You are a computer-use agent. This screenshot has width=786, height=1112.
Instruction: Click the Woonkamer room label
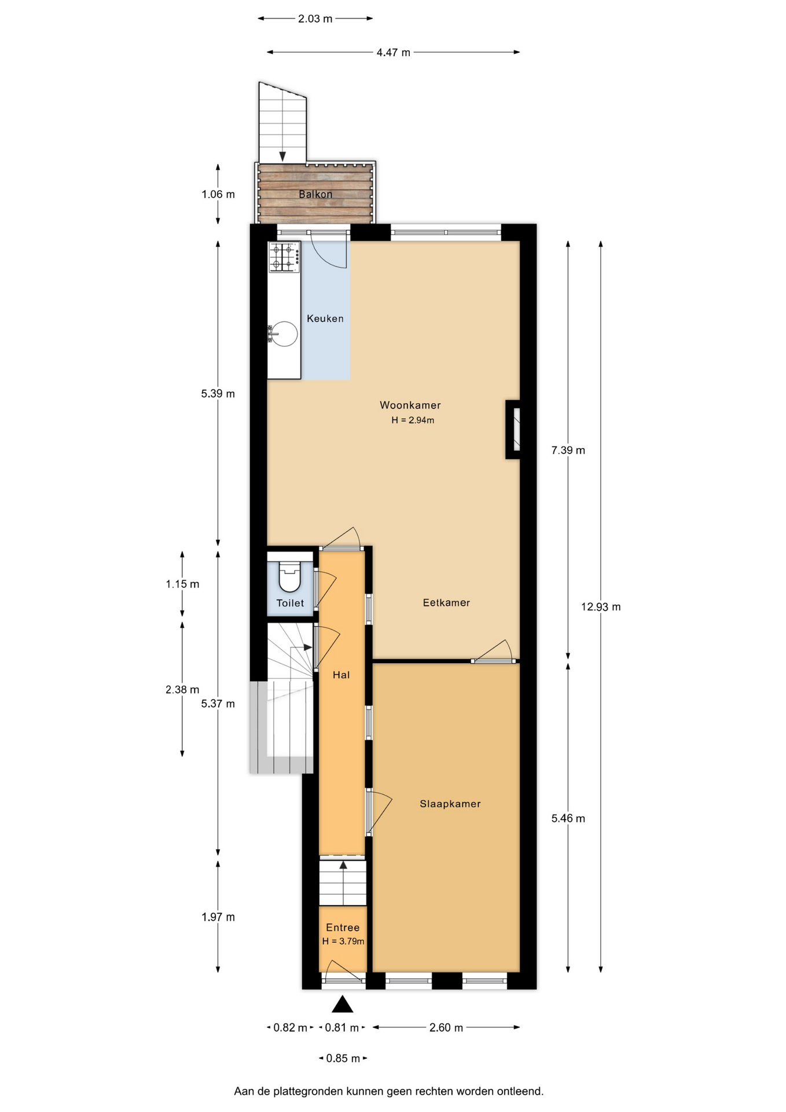point(410,405)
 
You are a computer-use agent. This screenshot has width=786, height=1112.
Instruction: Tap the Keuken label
point(325,319)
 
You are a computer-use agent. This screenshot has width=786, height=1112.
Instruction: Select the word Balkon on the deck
point(315,195)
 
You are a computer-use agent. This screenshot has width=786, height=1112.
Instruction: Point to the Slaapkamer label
point(450,804)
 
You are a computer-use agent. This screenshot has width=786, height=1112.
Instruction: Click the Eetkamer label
point(446,603)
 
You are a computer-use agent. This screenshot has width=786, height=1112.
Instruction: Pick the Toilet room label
point(290,603)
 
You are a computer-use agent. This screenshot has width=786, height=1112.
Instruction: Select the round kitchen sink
point(284,334)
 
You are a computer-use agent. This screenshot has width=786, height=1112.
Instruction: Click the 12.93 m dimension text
point(601,607)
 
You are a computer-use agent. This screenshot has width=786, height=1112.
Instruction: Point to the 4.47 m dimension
point(394,53)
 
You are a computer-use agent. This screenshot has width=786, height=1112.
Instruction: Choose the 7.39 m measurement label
point(568,451)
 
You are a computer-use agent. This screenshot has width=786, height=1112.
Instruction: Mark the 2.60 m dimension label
point(446,1028)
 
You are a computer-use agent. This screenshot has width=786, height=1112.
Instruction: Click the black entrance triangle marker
point(342,1004)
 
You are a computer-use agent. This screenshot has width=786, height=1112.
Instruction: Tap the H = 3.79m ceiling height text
point(343,941)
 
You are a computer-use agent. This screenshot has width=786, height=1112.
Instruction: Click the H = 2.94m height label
point(413,420)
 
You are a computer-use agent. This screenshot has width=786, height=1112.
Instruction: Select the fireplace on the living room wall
point(513,429)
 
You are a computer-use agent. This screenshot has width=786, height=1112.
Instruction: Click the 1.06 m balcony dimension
point(218,195)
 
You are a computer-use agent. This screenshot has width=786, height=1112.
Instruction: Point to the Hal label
point(341,675)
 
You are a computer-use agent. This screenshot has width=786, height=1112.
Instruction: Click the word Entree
point(343,927)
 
